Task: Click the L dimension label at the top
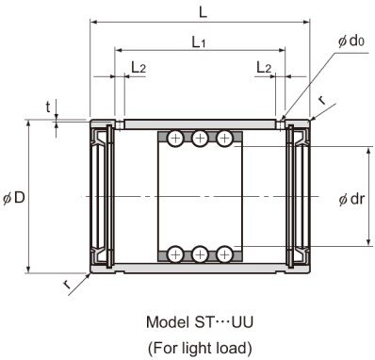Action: tap(204, 10)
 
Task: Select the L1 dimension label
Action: tap(199, 41)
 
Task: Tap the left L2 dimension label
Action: tap(138, 67)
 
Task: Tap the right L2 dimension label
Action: tap(264, 67)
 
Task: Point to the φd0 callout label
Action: tap(350, 41)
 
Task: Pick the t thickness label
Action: tap(48, 107)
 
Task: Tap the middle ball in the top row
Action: tap(200, 139)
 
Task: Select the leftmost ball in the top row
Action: tap(176, 139)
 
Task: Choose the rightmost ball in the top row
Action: tap(224, 139)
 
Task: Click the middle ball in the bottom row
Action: tap(200, 254)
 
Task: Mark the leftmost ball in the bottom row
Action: tap(176, 254)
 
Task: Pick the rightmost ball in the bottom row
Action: tap(224, 254)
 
